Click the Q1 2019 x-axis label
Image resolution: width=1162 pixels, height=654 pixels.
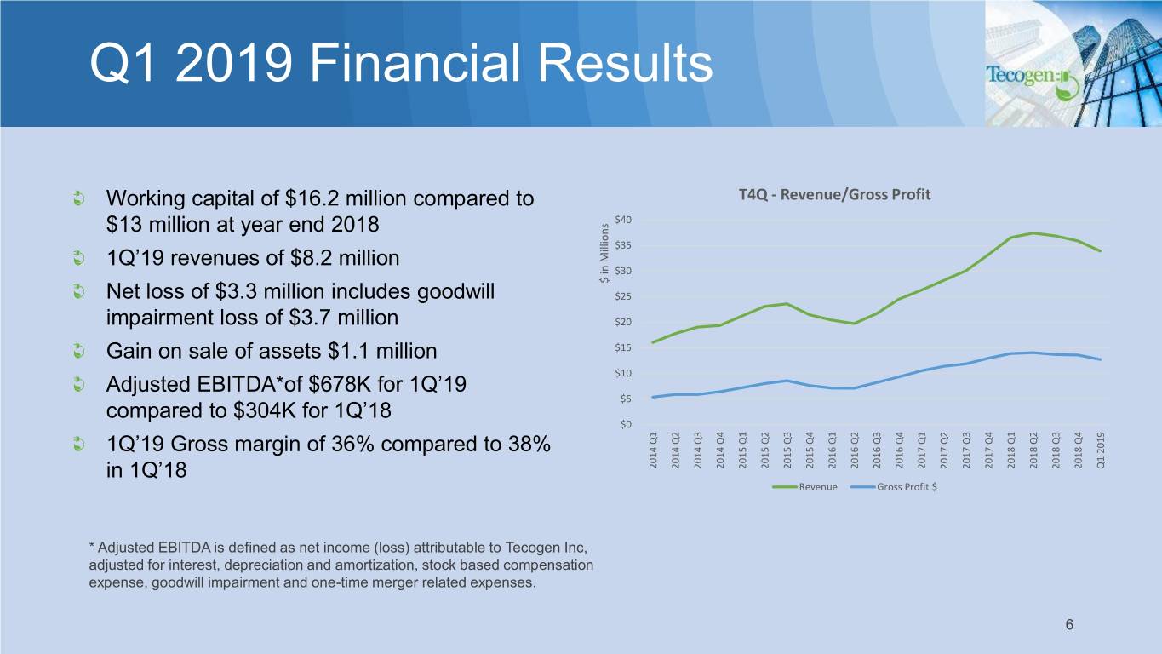pyautogui.click(x=1101, y=451)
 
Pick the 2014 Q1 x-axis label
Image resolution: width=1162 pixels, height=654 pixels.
pyautogui.click(x=653, y=451)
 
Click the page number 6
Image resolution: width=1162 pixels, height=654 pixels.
pyautogui.click(x=1068, y=625)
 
